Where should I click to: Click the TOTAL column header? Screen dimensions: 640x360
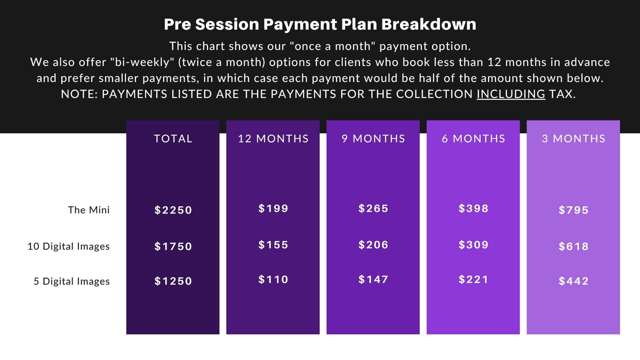click(173, 139)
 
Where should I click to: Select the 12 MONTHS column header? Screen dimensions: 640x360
click(273, 139)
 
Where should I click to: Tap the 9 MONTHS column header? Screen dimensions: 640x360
click(373, 139)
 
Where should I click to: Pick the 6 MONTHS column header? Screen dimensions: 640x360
click(474, 139)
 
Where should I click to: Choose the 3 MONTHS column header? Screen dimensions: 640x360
click(573, 139)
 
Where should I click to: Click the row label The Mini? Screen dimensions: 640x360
click(89, 210)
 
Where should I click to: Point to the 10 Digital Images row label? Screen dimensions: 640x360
click(69, 246)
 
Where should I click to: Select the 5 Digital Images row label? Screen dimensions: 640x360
click(71, 281)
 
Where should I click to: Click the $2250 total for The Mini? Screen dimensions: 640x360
click(173, 210)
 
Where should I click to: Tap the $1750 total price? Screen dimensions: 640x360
click(173, 246)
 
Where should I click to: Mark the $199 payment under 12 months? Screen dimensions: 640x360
click(273, 209)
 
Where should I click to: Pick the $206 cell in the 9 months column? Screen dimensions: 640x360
click(373, 245)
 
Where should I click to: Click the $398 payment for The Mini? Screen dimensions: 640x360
click(474, 209)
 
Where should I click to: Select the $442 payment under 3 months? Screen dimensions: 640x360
click(574, 281)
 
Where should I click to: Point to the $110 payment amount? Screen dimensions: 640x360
click(273, 279)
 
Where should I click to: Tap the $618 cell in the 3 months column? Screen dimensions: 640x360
click(574, 246)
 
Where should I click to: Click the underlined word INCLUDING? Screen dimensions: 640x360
click(511, 94)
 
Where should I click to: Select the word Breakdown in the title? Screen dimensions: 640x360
click(429, 25)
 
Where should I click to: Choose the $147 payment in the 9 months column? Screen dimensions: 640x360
click(373, 279)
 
